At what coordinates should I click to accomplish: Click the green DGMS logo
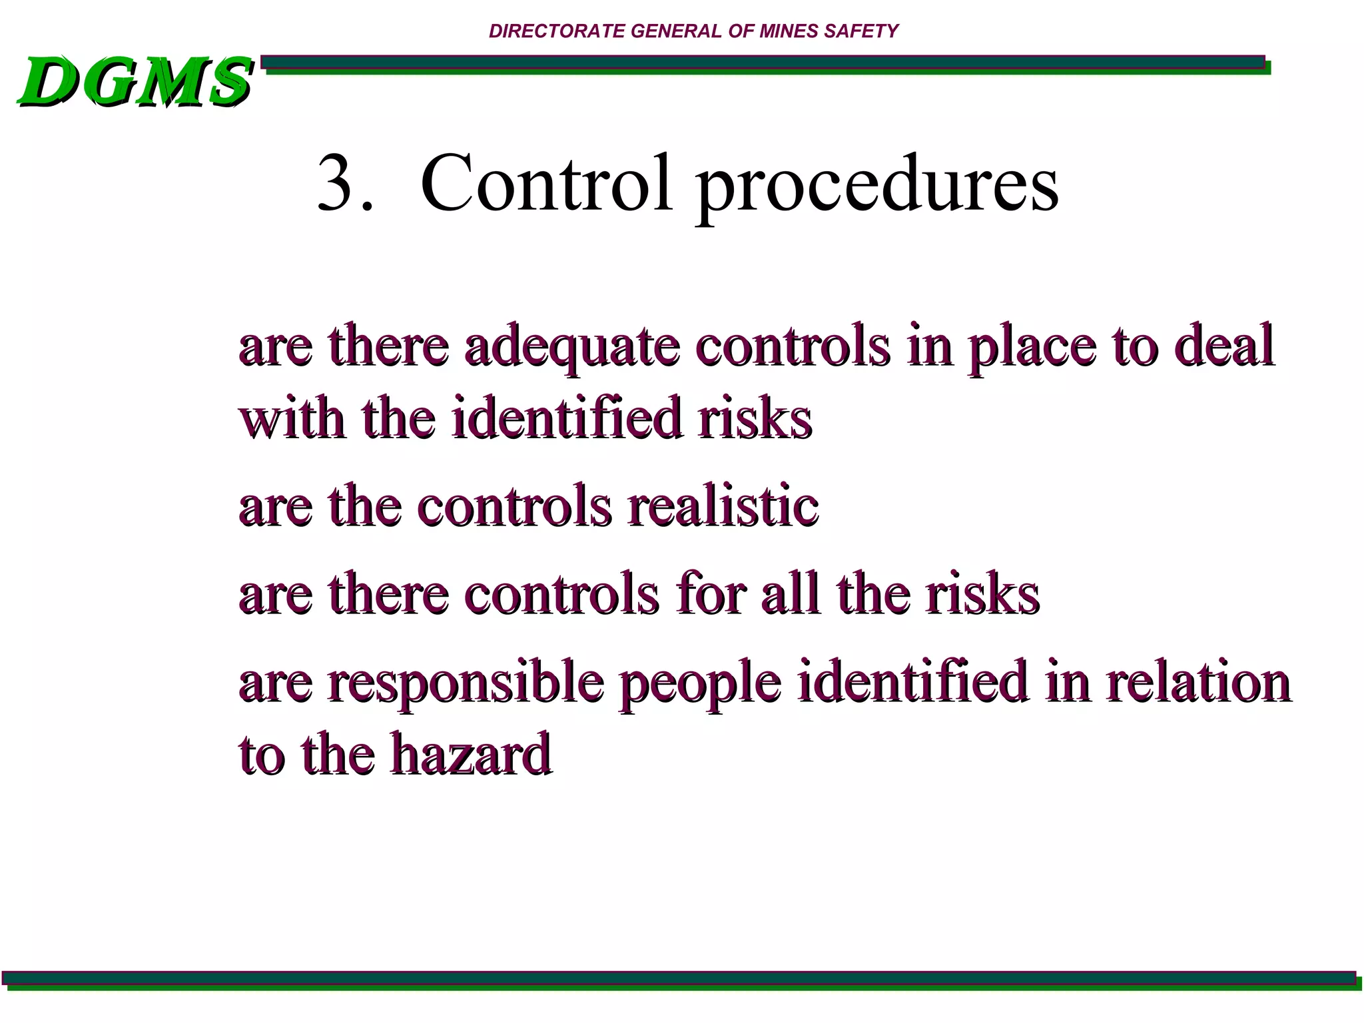coord(136,83)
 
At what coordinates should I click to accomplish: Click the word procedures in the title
coord(876,186)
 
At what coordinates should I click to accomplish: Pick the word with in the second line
coord(292,418)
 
